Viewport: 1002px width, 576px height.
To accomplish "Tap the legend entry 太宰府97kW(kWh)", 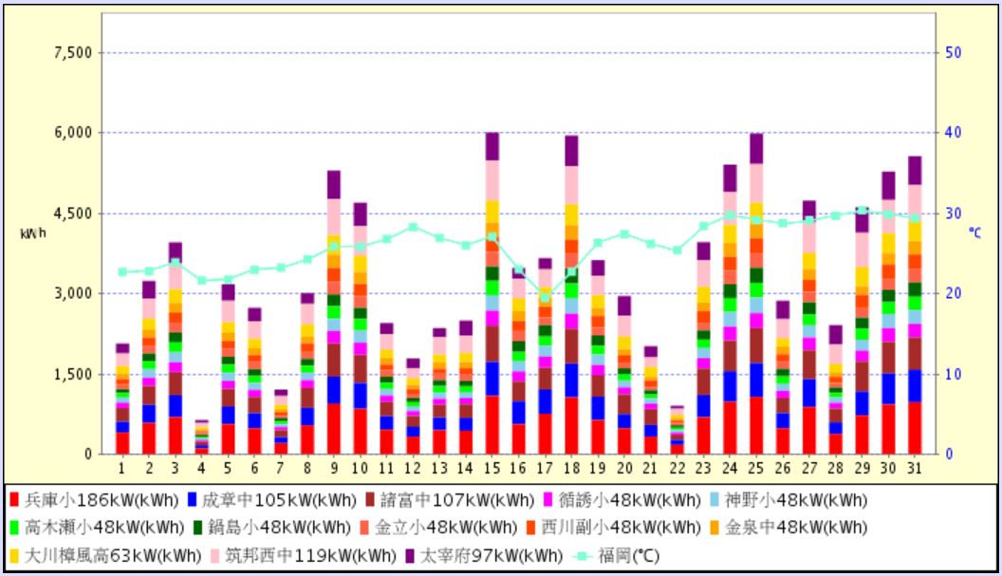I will [x=483, y=555].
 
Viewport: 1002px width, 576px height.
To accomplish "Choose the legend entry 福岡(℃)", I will [x=621, y=555].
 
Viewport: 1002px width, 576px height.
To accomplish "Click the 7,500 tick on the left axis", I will [x=72, y=52].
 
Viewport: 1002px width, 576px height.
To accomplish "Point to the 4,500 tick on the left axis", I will [x=72, y=214].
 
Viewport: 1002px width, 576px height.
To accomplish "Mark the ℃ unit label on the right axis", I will [x=975, y=232].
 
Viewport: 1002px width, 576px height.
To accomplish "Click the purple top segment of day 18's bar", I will [x=571, y=151].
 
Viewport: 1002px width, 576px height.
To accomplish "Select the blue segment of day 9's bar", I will [x=334, y=389].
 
